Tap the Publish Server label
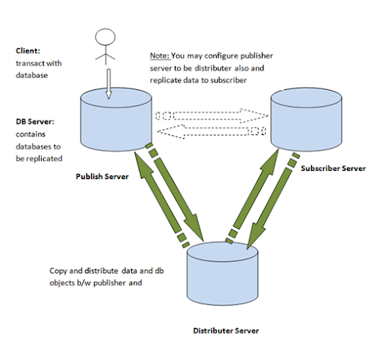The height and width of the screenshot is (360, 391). (102, 176)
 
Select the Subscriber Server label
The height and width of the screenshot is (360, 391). (333, 169)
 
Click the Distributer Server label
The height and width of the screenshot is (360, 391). (226, 330)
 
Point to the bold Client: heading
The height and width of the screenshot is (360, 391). (28, 51)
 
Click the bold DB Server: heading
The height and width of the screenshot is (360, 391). (35, 121)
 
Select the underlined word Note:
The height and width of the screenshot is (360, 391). (160, 56)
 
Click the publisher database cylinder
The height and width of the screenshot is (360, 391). (116, 120)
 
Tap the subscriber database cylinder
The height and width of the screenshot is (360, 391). (306, 120)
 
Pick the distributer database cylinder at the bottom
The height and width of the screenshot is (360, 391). (222, 274)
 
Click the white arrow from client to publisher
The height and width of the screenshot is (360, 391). (108, 84)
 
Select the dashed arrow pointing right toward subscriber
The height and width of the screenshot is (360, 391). (212, 116)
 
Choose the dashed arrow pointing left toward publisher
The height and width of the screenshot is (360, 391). (212, 131)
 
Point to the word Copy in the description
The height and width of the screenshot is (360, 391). (58, 271)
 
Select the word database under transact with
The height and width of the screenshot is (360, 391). (32, 76)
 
